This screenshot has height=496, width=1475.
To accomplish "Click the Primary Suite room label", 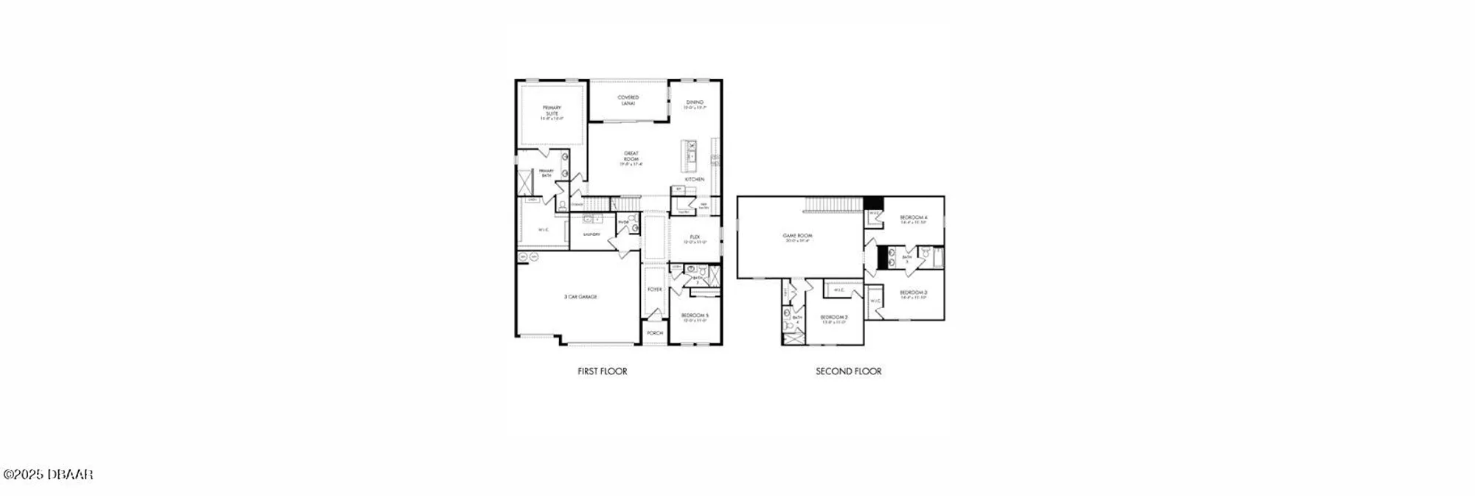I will coord(552,111).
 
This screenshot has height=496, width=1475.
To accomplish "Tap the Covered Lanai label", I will coord(628,99).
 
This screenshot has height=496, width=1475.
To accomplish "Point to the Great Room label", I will coord(631,157).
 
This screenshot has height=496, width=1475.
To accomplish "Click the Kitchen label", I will coord(695,179).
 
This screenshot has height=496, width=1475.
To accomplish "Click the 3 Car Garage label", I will coord(580,297).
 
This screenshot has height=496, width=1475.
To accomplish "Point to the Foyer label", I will coord(655,290).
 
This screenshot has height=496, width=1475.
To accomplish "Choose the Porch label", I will coord(655,333).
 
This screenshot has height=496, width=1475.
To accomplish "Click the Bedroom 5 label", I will coord(695,316).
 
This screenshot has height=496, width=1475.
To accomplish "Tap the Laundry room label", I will coord(591,234).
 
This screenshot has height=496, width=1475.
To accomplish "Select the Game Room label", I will coord(798,237).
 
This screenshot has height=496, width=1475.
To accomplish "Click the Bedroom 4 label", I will coord(913,218).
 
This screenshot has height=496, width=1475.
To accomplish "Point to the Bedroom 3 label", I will coord(913,293).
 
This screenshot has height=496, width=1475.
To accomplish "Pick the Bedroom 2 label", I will coord(834,318).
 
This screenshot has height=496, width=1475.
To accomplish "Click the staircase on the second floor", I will coord(833,204).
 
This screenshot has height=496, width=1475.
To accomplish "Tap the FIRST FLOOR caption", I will coord(602,371).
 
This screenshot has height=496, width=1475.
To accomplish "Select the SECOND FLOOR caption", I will coord(848,371).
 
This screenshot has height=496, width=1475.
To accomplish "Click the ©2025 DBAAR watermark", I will coord(49,475).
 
